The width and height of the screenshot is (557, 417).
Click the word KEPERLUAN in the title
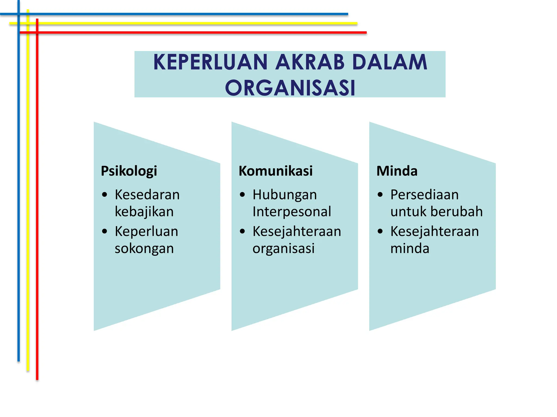(211, 62)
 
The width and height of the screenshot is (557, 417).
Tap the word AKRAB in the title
(310, 62)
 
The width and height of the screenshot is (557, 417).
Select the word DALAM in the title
(389, 62)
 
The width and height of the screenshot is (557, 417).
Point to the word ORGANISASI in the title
(290, 88)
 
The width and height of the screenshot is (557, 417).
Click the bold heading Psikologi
(129, 171)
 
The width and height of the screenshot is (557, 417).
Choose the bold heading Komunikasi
(276, 171)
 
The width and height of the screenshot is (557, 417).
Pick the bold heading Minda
(397, 171)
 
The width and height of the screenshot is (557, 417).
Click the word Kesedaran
(147, 195)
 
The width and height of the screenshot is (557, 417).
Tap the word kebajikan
(144, 212)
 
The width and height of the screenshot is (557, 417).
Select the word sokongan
(144, 249)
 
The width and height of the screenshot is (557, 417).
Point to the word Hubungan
(284, 195)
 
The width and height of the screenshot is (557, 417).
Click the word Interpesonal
(292, 212)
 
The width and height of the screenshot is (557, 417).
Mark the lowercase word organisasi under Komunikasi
(283, 248)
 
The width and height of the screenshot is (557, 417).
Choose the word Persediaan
(424, 195)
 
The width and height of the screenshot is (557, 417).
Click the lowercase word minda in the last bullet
(410, 248)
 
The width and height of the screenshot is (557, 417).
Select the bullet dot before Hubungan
(242, 195)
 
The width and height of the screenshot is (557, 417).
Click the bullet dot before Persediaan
(380, 195)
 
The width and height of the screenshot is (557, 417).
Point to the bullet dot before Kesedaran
(105, 195)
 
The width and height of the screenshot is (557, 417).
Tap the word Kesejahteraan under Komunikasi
(297, 232)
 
